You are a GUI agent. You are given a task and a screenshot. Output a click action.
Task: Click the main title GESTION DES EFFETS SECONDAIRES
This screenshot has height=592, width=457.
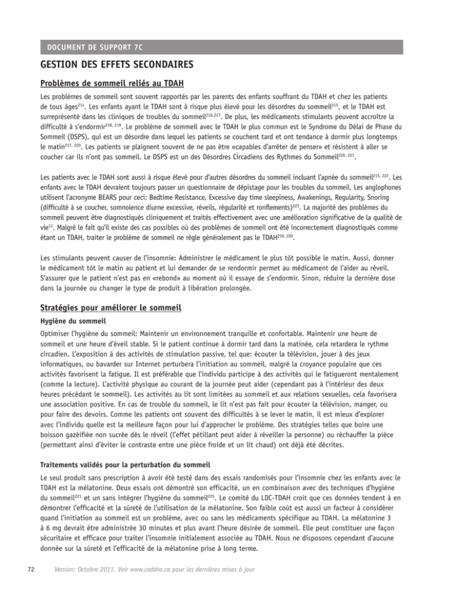(x=122, y=64)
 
